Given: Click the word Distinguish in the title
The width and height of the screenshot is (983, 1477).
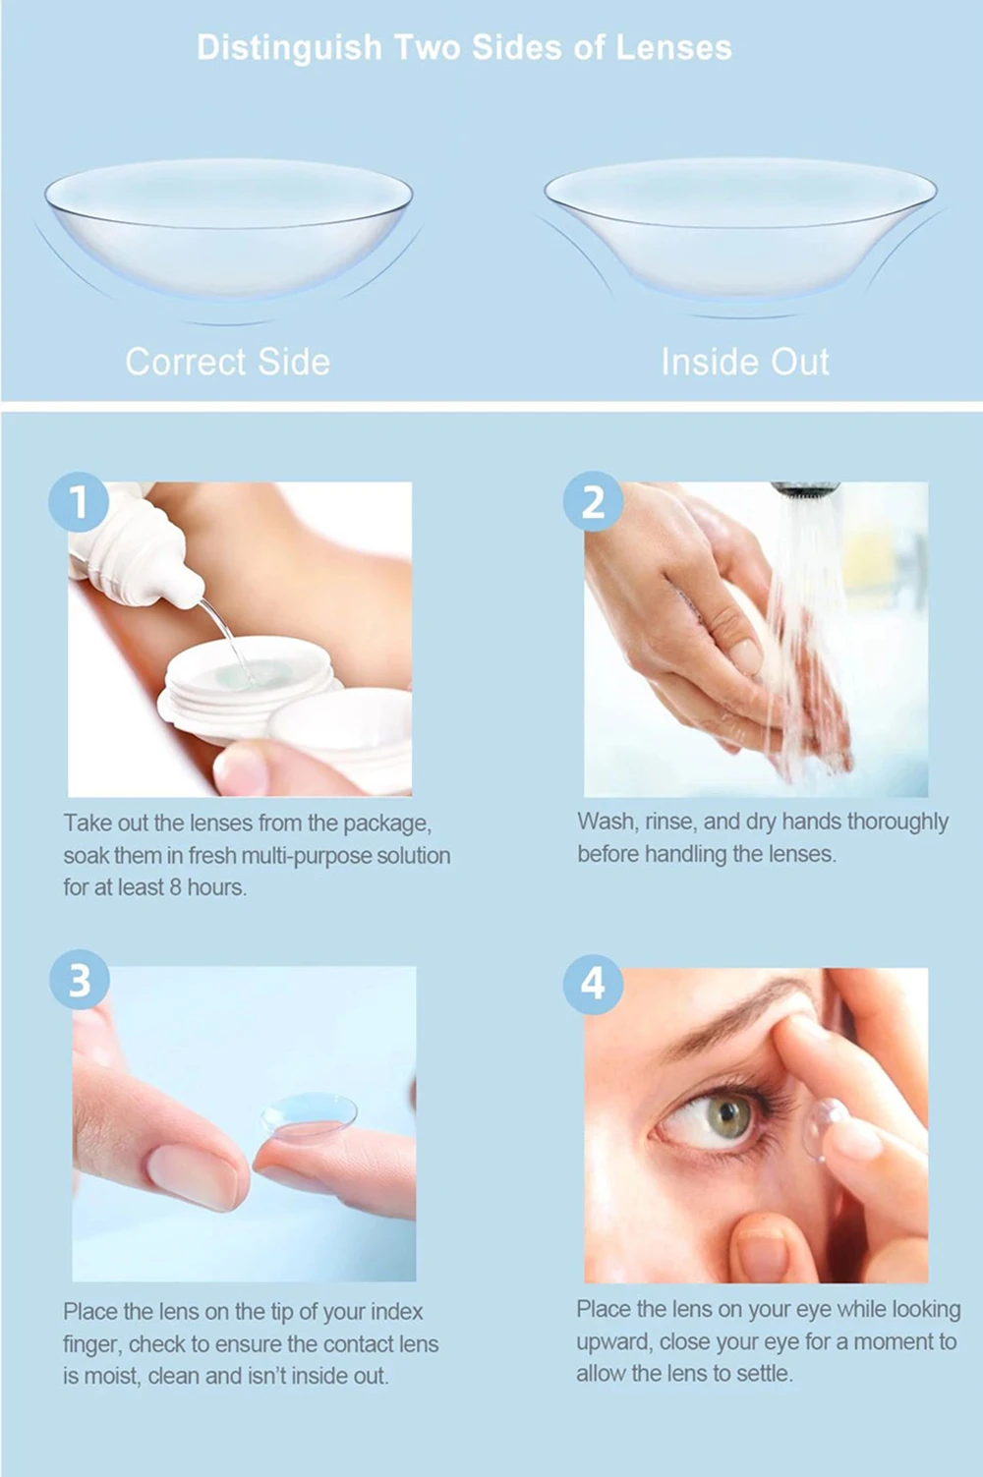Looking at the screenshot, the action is point(290,48).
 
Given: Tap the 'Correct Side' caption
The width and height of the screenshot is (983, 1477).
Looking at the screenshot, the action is point(228,362).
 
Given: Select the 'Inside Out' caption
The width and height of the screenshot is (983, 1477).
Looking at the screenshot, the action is point(745,362).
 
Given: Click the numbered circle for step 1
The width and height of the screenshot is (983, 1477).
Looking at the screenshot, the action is point(79,502).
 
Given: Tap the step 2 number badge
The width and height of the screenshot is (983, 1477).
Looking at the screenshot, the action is point(593,502).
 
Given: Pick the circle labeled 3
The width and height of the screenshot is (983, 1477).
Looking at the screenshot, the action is point(80,980).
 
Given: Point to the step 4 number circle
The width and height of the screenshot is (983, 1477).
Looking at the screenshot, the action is point(593,984).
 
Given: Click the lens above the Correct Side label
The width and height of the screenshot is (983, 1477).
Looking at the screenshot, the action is point(229,227).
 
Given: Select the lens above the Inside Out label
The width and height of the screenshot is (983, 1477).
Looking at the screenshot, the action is point(740,227).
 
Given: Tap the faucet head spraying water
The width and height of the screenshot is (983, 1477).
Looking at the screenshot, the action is point(805,490).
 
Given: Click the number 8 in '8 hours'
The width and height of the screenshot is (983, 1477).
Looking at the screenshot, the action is point(175,887).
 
